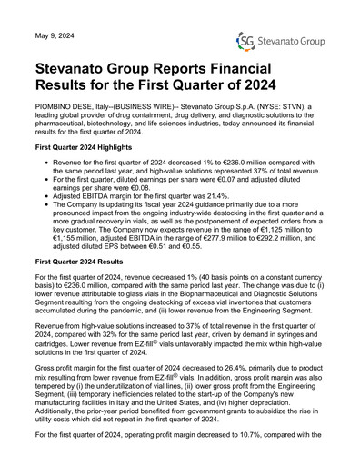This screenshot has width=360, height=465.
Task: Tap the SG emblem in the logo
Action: click(245, 42)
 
